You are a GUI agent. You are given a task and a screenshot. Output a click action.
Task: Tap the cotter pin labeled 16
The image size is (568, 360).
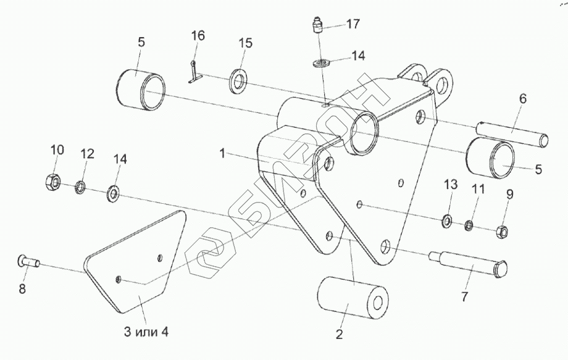tap(194, 72)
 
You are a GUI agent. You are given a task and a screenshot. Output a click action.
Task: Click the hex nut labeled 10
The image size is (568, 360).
tap(52, 182)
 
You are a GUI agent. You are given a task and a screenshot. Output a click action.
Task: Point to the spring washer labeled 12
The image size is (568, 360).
tap(81, 186)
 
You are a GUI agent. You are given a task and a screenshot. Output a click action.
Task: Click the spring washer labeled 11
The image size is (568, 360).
tap(470, 225)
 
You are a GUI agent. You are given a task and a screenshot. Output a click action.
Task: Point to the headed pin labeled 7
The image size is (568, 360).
tap(469, 262)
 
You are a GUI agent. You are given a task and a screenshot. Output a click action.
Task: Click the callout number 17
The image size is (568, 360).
tap(353, 24)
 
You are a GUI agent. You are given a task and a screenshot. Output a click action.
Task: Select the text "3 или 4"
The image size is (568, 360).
tap(146, 332)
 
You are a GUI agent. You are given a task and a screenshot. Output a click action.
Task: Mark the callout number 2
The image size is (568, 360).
tap(338, 335)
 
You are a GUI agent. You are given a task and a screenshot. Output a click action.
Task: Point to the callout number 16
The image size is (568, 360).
tap(197, 35)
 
